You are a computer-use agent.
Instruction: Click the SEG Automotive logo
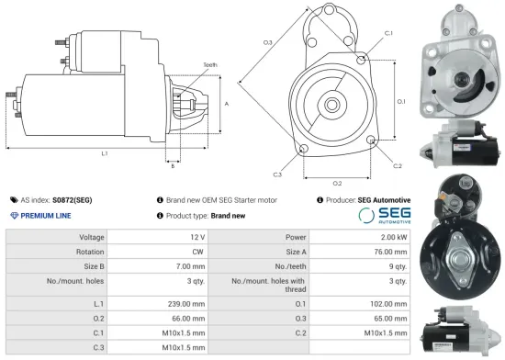(x=384, y=216)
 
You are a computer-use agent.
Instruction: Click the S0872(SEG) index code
(x=73, y=199)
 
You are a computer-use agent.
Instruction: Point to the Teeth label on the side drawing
(x=209, y=64)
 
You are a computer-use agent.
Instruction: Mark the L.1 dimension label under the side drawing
(x=105, y=152)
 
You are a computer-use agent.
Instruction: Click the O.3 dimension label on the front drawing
(x=267, y=42)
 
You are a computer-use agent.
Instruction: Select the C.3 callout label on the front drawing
(x=276, y=174)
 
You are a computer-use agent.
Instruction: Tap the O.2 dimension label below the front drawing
(x=336, y=183)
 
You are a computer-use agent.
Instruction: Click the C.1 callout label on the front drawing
(x=388, y=33)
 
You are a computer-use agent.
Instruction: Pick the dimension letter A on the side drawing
(x=226, y=104)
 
